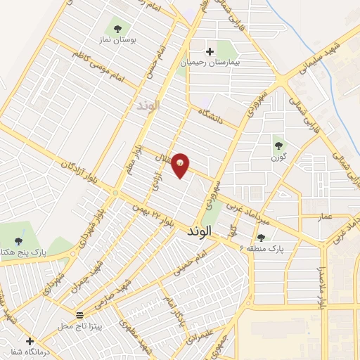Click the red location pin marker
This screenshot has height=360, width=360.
pyautogui.click(x=181, y=164)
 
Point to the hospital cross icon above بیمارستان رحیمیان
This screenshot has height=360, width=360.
pyautogui.click(x=209, y=51)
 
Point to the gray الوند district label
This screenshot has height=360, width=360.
pyautogui.click(x=147, y=105)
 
